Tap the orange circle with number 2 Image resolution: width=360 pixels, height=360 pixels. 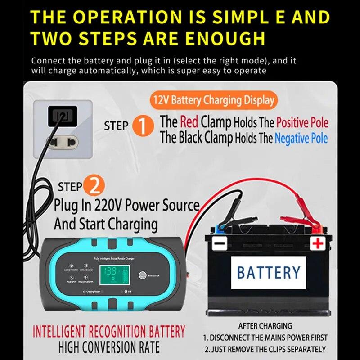[95, 186]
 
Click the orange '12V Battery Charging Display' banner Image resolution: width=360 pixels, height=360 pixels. [213, 100]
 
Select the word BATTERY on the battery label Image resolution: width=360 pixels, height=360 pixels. [268, 272]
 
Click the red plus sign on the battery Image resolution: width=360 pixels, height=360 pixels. [318, 244]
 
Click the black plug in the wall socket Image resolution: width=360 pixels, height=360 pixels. [61, 116]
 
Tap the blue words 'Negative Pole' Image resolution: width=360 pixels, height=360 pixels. [301, 139]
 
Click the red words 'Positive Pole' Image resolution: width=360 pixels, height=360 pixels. [302, 122]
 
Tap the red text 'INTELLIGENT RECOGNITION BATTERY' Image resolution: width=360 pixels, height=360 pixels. [109, 332]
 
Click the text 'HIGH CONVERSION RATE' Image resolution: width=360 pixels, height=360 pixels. [109, 347]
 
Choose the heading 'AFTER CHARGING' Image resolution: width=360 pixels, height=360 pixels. [265, 325]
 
